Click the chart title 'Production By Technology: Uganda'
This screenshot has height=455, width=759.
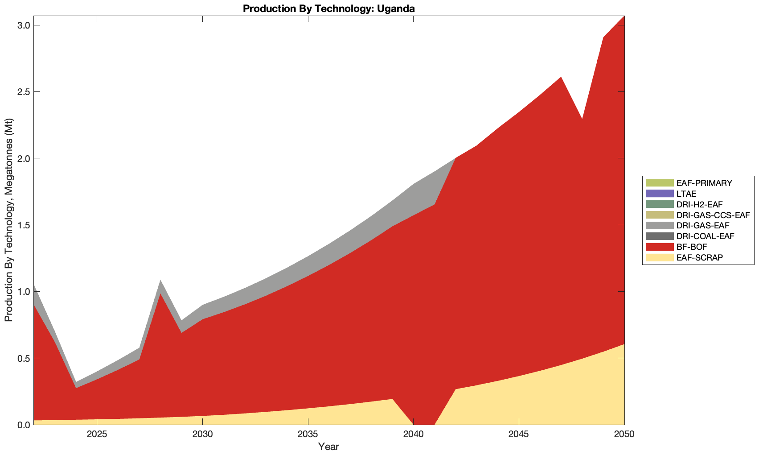tap(329, 8)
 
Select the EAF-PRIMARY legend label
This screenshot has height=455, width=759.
tap(704, 183)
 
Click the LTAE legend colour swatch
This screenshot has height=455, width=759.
tap(659, 194)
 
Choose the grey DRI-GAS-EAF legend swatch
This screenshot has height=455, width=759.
tap(659, 226)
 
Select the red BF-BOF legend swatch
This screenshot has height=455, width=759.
tap(659, 247)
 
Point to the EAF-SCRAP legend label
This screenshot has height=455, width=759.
tap(699, 258)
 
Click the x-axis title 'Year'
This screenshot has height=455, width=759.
tap(328, 447)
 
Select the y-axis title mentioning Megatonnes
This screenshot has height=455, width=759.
tap(8, 220)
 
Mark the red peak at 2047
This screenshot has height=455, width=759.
tap(561, 79)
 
